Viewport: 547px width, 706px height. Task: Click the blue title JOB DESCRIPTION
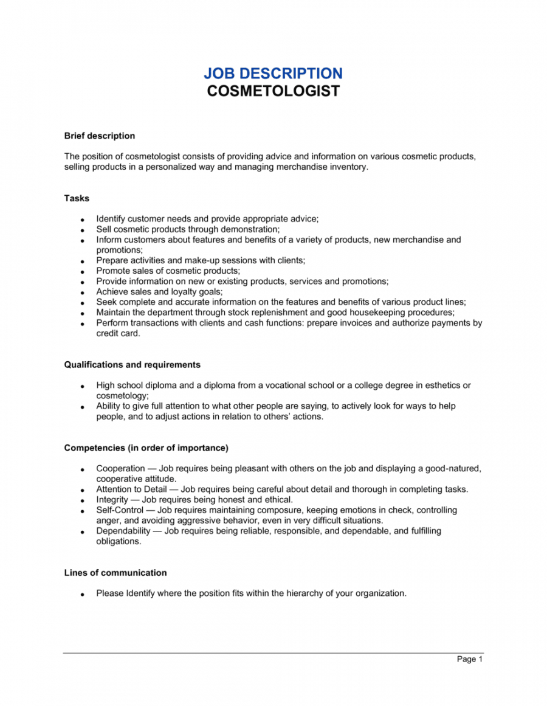(x=273, y=74)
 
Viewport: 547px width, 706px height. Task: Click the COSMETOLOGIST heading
(x=273, y=92)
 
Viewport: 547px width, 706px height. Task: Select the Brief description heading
(x=100, y=136)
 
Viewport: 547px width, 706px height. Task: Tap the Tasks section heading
(x=77, y=198)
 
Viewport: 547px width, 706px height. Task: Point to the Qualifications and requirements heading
(x=132, y=365)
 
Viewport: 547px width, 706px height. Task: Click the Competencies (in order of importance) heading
(x=146, y=448)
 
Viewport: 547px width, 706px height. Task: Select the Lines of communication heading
(x=115, y=573)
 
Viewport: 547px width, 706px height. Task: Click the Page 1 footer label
(x=470, y=659)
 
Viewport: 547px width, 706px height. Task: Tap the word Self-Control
(x=120, y=510)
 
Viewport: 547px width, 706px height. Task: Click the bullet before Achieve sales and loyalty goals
(x=81, y=292)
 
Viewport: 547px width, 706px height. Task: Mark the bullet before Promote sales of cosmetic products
(x=81, y=272)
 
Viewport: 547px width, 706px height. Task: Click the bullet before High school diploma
(x=81, y=386)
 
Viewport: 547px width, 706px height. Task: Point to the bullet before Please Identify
(x=81, y=594)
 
